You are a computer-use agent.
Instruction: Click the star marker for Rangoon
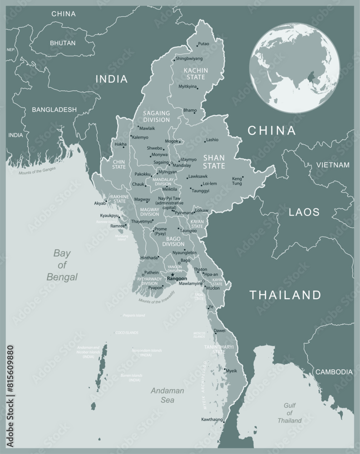(173, 274)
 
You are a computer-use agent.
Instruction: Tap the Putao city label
(204, 44)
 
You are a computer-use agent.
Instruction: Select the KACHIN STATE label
(196, 74)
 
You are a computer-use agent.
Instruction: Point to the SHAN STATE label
(214, 162)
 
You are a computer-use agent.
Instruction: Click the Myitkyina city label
(188, 86)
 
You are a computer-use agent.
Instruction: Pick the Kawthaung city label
(212, 419)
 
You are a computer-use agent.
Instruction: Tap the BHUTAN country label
(63, 42)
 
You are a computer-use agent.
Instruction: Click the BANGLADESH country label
(54, 109)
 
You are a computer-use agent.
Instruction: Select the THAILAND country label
(286, 295)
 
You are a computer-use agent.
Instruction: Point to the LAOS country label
(304, 212)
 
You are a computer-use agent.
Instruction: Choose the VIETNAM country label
(333, 165)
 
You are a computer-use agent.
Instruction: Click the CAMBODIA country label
(334, 371)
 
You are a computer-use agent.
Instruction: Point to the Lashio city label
(212, 140)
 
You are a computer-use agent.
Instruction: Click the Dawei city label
(219, 331)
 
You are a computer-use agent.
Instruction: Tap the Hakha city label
(120, 144)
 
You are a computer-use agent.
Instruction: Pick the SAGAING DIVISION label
(156, 116)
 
